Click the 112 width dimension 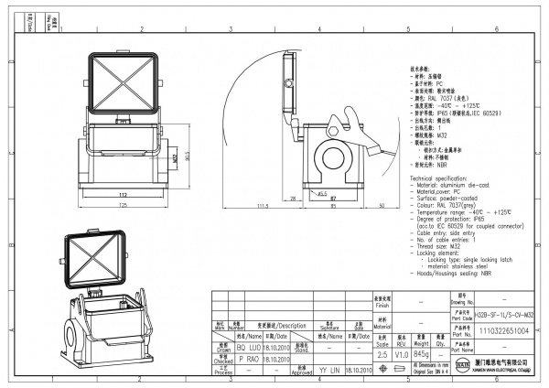click(x=121, y=195)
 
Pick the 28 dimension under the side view click(x=290, y=198)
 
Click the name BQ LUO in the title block click(x=249, y=349)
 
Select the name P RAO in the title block click(x=249, y=360)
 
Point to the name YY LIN click(x=329, y=371)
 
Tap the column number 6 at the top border click(x=495, y=29)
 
